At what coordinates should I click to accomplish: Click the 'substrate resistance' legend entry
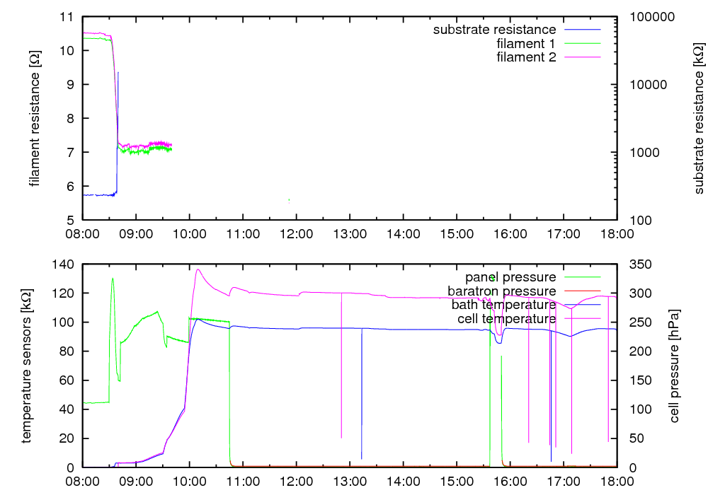[494, 30]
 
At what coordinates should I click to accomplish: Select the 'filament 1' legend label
[526, 43]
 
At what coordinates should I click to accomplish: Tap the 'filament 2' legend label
[526, 57]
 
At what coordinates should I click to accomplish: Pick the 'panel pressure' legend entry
[510, 276]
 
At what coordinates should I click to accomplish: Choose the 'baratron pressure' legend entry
[501, 291]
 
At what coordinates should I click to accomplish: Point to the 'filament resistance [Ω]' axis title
[34, 117]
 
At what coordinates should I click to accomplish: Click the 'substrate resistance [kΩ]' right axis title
[699, 119]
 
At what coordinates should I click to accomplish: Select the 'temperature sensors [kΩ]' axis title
[27, 366]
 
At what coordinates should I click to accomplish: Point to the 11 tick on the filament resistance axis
[69, 16]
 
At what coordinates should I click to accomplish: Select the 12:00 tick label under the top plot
[297, 234]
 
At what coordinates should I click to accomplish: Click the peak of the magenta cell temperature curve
[198, 269]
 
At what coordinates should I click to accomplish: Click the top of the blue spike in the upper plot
[118, 72]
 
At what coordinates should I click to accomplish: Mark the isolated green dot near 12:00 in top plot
[289, 200]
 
